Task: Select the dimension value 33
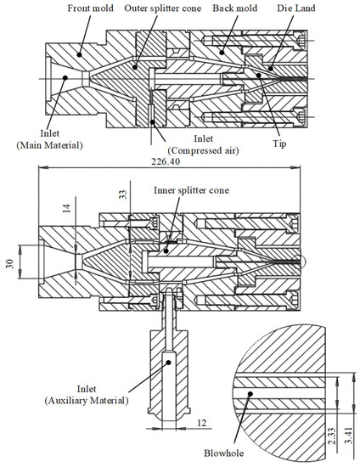coord(123,195)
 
